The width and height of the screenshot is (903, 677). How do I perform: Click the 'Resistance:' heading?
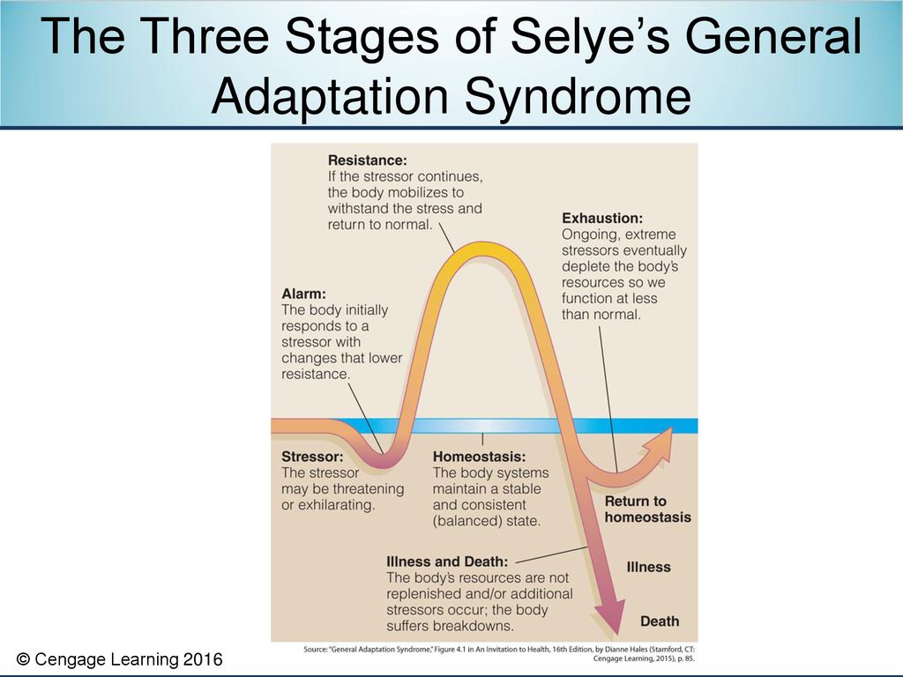368,160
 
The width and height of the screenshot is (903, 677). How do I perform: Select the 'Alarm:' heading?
303,294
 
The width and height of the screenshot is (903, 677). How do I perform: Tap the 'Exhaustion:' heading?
602,219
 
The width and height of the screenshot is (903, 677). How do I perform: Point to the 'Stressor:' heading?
312,457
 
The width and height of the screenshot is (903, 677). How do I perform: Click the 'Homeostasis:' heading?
479,457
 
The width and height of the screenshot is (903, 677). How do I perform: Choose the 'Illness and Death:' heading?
447,562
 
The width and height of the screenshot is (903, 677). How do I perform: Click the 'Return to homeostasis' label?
647,509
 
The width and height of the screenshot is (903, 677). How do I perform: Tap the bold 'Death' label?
660,621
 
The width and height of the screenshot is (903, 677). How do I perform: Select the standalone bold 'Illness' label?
648,567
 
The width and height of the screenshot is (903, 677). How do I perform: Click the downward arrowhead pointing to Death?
610,616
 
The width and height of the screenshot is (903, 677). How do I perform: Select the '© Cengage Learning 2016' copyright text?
119,659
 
